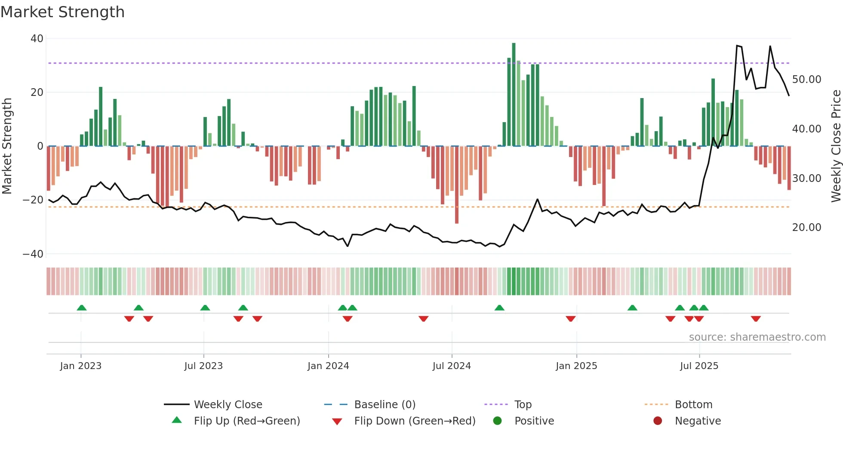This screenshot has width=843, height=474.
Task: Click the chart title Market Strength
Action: pyautogui.click(x=62, y=12)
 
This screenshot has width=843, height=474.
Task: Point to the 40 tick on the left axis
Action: pyautogui.click(x=37, y=39)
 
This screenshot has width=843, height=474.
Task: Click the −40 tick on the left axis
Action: pyautogui.click(x=33, y=254)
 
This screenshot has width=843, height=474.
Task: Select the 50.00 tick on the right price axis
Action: pyautogui.click(x=806, y=80)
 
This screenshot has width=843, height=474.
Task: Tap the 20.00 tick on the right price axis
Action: pyautogui.click(x=806, y=228)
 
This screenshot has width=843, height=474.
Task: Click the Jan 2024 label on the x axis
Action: pyautogui.click(x=328, y=366)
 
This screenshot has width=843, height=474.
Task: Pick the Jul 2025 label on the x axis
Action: pyautogui.click(x=699, y=366)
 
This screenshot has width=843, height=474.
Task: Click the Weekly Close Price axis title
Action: pyautogui.click(x=836, y=146)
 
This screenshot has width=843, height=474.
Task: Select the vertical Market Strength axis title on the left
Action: pyautogui.click(x=7, y=146)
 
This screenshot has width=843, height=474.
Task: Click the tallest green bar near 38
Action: pyautogui.click(x=514, y=95)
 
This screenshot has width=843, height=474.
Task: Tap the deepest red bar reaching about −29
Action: pyautogui.click(x=456, y=185)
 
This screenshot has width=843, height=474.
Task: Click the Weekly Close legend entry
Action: pyautogui.click(x=228, y=405)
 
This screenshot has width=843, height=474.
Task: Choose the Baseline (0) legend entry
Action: pyautogui.click(x=385, y=405)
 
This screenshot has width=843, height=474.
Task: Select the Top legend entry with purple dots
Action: pyautogui.click(x=523, y=405)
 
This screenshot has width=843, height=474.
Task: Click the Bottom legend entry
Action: pyautogui.click(x=693, y=405)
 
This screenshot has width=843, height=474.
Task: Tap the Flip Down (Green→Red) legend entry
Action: pyautogui.click(x=414, y=421)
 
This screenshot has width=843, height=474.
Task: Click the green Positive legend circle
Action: pyautogui.click(x=498, y=421)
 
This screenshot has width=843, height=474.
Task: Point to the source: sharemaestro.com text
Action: pyautogui.click(x=757, y=337)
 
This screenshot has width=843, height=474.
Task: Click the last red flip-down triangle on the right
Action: pyautogui.click(x=756, y=319)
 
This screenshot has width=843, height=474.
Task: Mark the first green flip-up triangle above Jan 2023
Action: pyautogui.click(x=82, y=308)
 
